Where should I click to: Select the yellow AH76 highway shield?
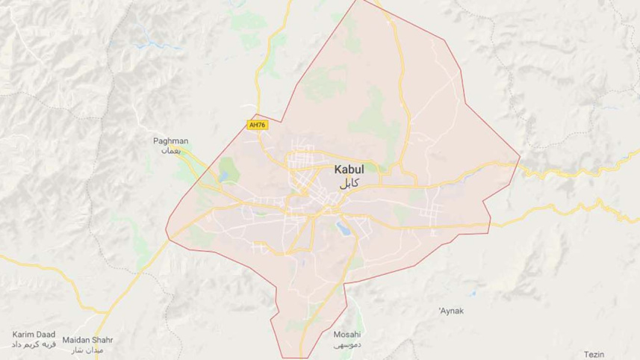(x=256, y=125)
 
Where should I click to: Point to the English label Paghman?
(x=172, y=140)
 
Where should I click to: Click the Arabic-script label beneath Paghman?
(x=172, y=150)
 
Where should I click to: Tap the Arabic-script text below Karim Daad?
(x=30, y=347)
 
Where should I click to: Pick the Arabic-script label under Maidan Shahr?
(x=87, y=350)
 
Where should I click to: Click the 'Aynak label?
(x=450, y=309)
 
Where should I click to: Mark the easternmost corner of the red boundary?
(x=520, y=158)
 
